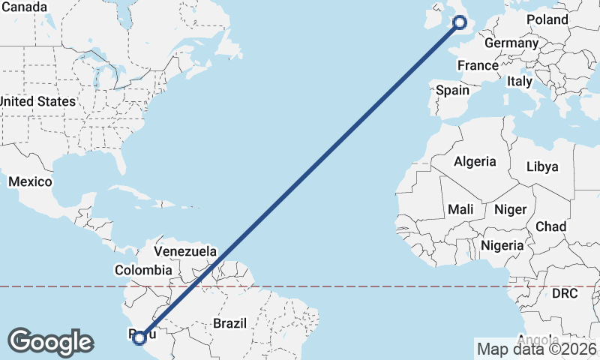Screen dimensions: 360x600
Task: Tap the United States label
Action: click(37, 101)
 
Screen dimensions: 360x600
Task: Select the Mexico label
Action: click(30, 181)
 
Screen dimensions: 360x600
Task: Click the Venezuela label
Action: click(185, 251)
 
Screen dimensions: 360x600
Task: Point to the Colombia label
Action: click(143, 270)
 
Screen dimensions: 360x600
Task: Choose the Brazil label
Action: click(230, 323)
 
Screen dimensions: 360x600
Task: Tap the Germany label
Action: click(511, 43)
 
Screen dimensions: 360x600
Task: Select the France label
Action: click(478, 65)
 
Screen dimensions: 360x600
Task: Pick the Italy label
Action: click(520, 81)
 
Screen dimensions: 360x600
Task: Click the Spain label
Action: click(453, 90)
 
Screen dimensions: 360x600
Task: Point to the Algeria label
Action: click(475, 161)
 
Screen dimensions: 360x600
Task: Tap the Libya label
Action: click(542, 166)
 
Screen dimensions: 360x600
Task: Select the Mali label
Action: click(460, 209)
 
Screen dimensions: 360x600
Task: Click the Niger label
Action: click(510, 210)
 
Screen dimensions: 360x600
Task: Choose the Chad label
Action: click(550, 226)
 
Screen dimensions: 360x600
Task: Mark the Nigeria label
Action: click(502, 245)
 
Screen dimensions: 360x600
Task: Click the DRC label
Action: click(565, 293)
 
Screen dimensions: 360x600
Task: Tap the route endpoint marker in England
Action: click(460, 22)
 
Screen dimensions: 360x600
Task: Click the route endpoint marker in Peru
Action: click(139, 338)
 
